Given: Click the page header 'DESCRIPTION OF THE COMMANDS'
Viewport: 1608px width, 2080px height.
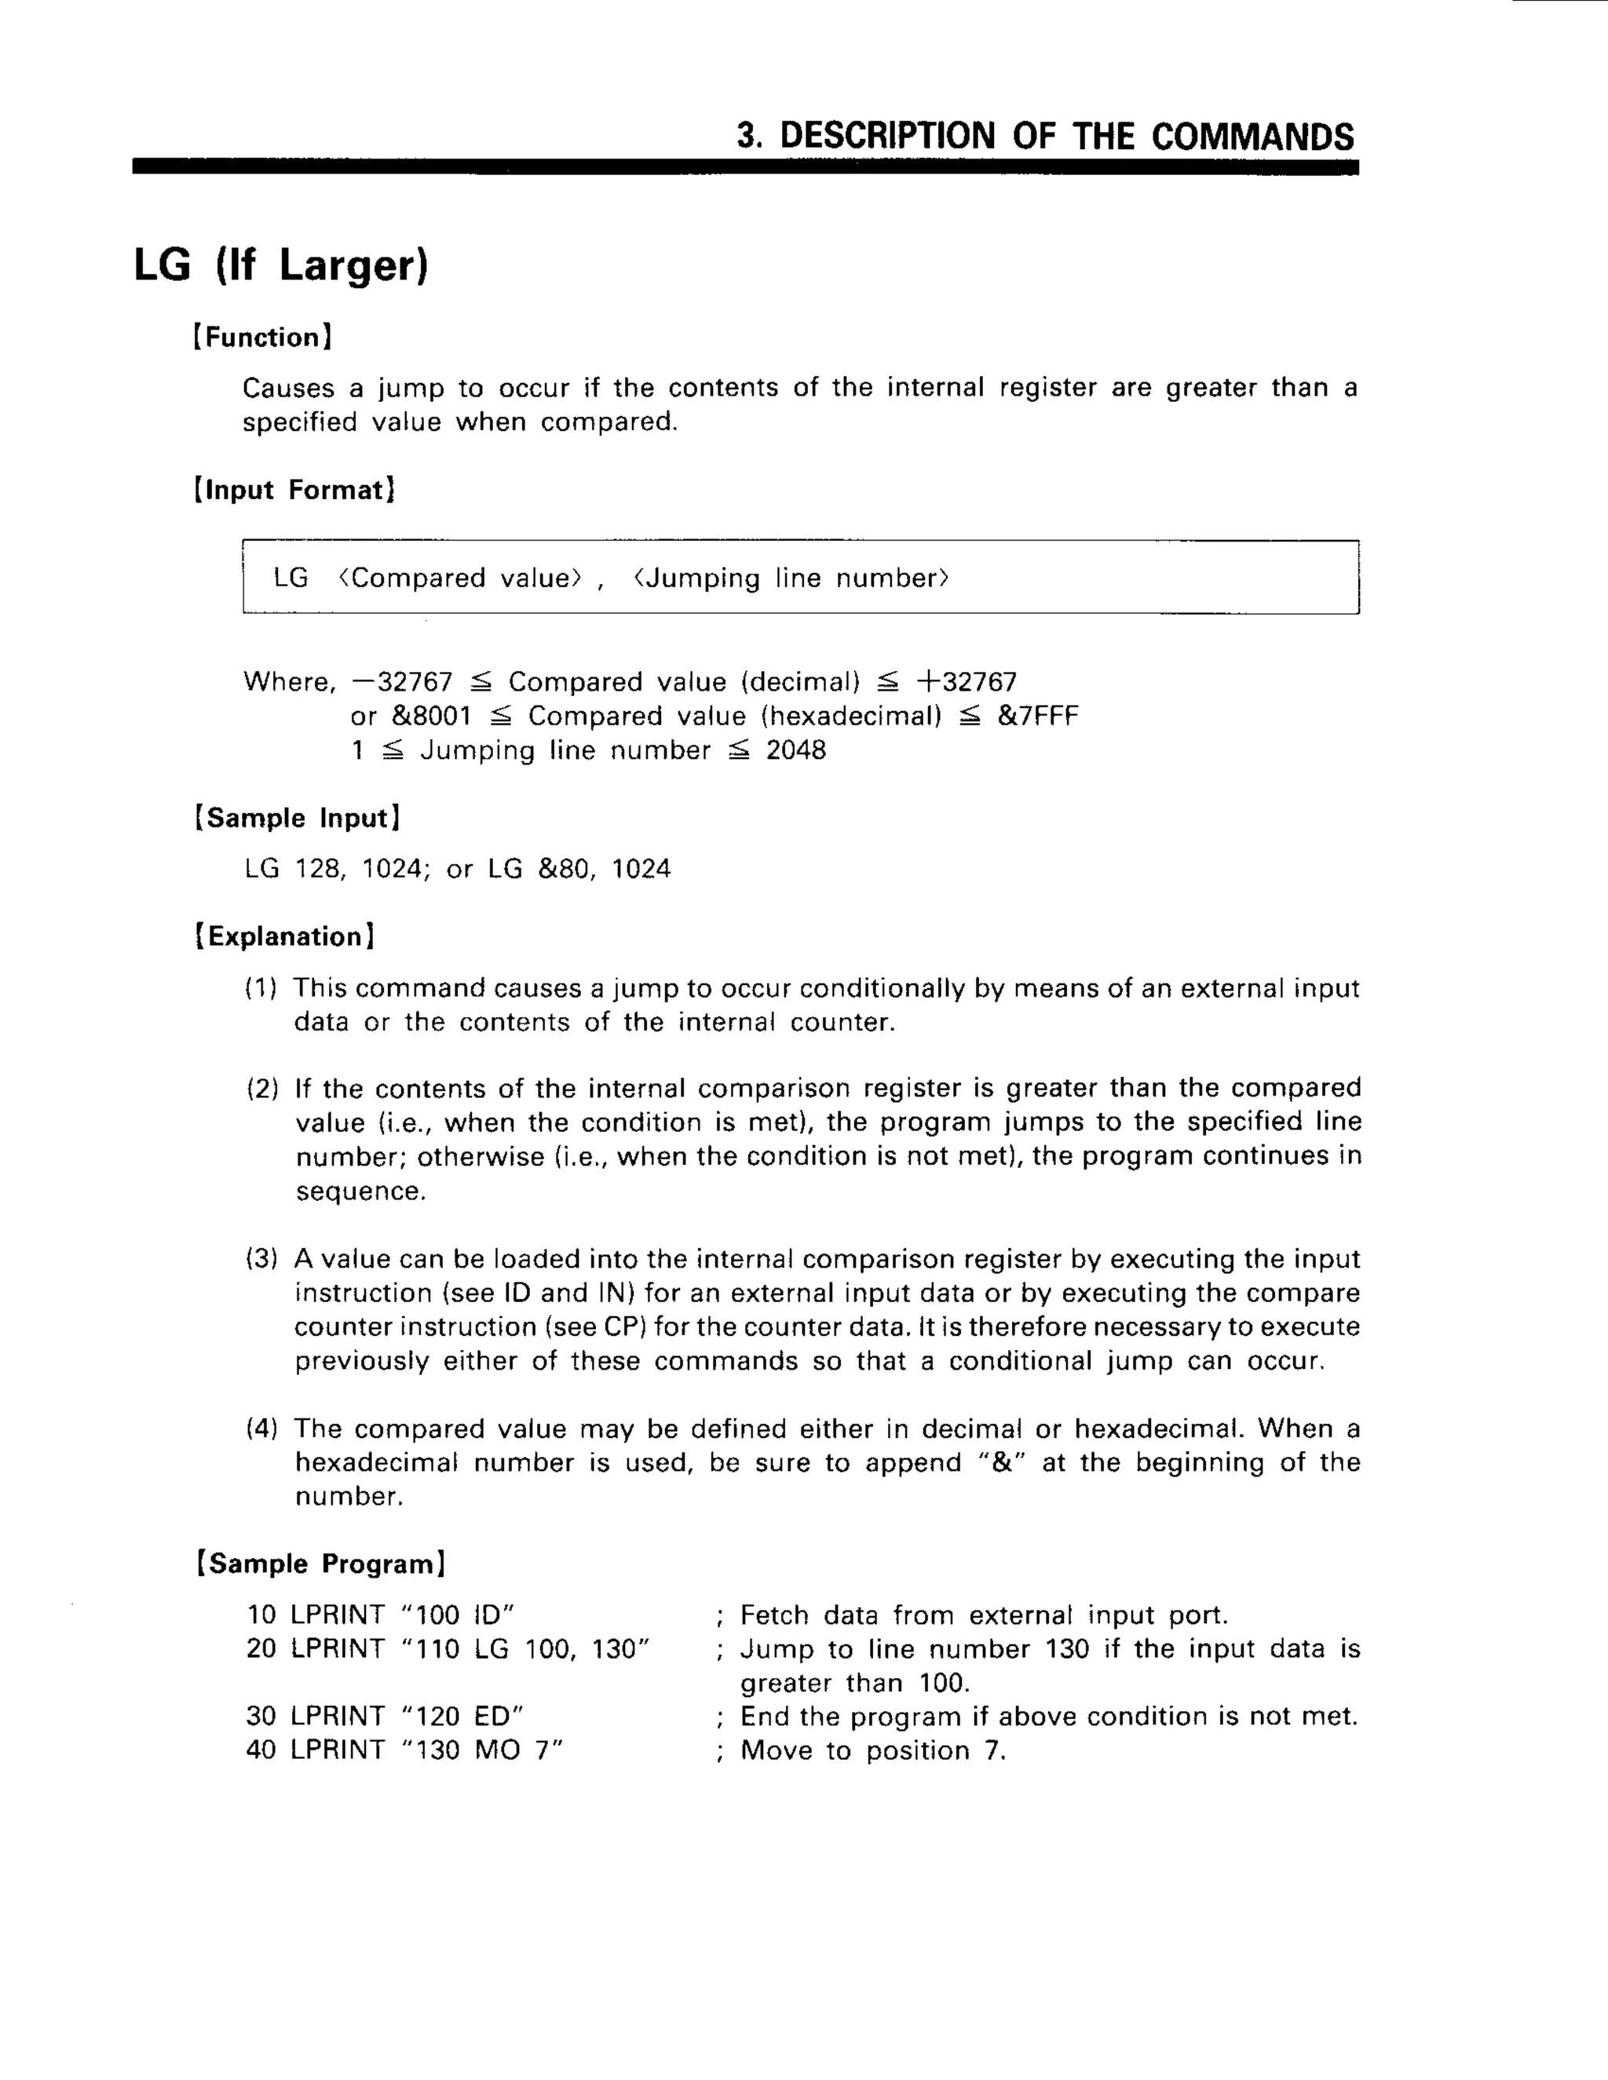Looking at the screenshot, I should pyautogui.click(x=1045, y=137).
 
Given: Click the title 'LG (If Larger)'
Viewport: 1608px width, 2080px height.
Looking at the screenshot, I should pyautogui.click(x=281, y=265).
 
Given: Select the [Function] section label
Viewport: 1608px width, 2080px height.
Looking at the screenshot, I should pyautogui.click(x=263, y=338).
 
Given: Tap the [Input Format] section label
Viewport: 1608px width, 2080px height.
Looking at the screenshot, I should pyautogui.click(x=294, y=490).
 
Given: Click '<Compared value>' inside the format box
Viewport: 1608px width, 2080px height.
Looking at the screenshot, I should pyautogui.click(x=459, y=578).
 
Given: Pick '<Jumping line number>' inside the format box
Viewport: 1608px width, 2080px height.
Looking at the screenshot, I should pyautogui.click(x=791, y=578).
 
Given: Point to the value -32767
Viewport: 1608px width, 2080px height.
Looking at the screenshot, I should pyautogui.click(x=402, y=682).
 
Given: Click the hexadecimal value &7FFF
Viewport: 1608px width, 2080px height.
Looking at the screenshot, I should pyautogui.click(x=1037, y=716).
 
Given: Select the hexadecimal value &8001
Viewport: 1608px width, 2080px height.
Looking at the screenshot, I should pyautogui.click(x=432, y=716).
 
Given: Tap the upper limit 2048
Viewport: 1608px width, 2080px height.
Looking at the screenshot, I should pyautogui.click(x=796, y=750).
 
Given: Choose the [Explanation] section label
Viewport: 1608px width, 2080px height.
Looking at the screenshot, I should pyautogui.click(x=285, y=936).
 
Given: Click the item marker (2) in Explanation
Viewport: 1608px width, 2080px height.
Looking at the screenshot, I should pyautogui.click(x=262, y=1089).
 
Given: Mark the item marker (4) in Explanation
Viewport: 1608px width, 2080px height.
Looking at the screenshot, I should pyautogui.click(x=262, y=1429).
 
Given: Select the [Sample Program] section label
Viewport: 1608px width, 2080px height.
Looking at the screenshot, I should pyautogui.click(x=321, y=1564).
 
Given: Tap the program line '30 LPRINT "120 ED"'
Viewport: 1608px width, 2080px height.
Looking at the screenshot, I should pyautogui.click(x=385, y=1716).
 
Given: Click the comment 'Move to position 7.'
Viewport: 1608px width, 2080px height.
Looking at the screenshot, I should pyautogui.click(x=872, y=1750).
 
